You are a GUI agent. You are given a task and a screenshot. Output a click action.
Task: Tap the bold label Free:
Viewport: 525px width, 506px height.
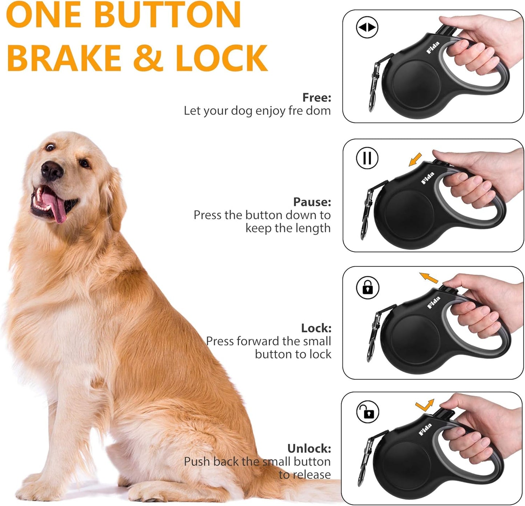tap(316, 97)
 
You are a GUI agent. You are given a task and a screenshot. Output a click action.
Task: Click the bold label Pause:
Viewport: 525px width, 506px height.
tap(312, 202)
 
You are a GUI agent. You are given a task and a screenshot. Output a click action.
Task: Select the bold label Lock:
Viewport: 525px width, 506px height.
tap(316, 328)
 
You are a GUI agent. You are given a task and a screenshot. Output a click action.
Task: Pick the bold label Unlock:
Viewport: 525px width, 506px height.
tap(309, 448)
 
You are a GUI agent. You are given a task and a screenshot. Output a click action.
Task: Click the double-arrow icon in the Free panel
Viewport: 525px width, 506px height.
tap(367, 27)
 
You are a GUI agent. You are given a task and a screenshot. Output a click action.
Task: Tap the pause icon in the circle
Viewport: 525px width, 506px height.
tap(367, 158)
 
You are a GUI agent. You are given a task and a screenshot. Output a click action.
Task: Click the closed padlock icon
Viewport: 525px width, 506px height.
tap(368, 287)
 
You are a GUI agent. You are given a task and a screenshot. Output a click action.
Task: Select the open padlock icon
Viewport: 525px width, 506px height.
tap(368, 412)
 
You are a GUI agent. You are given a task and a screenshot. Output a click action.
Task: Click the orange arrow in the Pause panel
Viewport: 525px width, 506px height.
tap(415, 159)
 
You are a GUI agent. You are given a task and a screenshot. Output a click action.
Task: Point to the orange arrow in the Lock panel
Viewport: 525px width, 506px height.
tap(429, 278)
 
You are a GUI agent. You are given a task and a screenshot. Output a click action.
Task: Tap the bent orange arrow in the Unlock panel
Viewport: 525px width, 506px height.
tap(425, 405)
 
